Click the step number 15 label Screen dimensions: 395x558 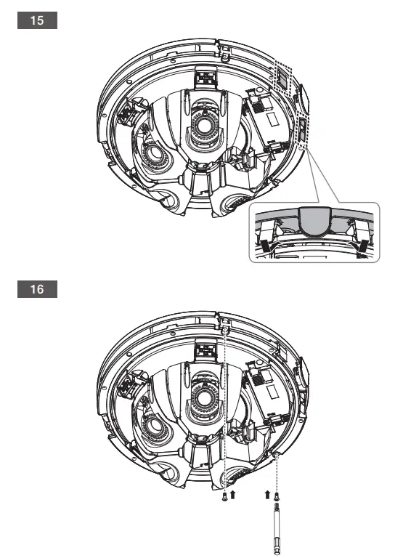37,20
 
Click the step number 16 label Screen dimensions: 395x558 37,289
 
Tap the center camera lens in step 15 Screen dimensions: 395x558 204,125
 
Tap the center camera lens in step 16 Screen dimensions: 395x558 204,395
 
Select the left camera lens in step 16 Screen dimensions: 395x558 154,425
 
